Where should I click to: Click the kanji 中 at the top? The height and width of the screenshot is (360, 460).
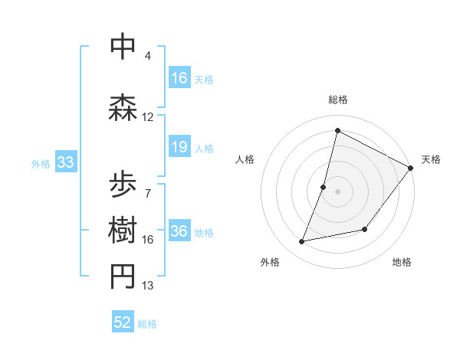pyautogui.click(x=123, y=46)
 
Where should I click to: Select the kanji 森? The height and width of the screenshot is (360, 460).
pyautogui.click(x=123, y=106)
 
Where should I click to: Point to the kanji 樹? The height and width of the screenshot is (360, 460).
pyautogui.click(x=123, y=231)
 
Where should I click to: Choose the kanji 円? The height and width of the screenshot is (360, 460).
pyautogui.click(x=123, y=277)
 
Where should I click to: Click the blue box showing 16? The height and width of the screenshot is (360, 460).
pyautogui.click(x=179, y=78)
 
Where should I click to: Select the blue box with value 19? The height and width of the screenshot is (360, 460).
pyautogui.click(x=179, y=147)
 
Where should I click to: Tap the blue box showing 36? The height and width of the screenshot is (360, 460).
pyautogui.click(x=179, y=232)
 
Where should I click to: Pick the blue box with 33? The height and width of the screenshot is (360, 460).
pyautogui.click(x=64, y=162)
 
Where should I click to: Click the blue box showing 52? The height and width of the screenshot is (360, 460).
pyautogui.click(x=123, y=322)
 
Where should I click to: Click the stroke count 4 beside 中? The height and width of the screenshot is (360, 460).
pyautogui.click(x=147, y=56)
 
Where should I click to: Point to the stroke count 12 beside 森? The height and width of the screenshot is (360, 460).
pyautogui.click(x=147, y=117)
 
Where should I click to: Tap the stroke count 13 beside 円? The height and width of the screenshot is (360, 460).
pyautogui.click(x=147, y=286)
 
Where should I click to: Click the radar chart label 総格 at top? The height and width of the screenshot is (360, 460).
pyautogui.click(x=337, y=100)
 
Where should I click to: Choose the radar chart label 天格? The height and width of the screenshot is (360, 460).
pyautogui.click(x=431, y=159)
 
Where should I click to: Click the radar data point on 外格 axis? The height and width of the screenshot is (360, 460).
pyautogui.click(x=302, y=241)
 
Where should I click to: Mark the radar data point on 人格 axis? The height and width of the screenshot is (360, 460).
pyautogui.click(x=324, y=187)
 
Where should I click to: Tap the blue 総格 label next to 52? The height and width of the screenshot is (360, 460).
pyautogui.click(x=147, y=324)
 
